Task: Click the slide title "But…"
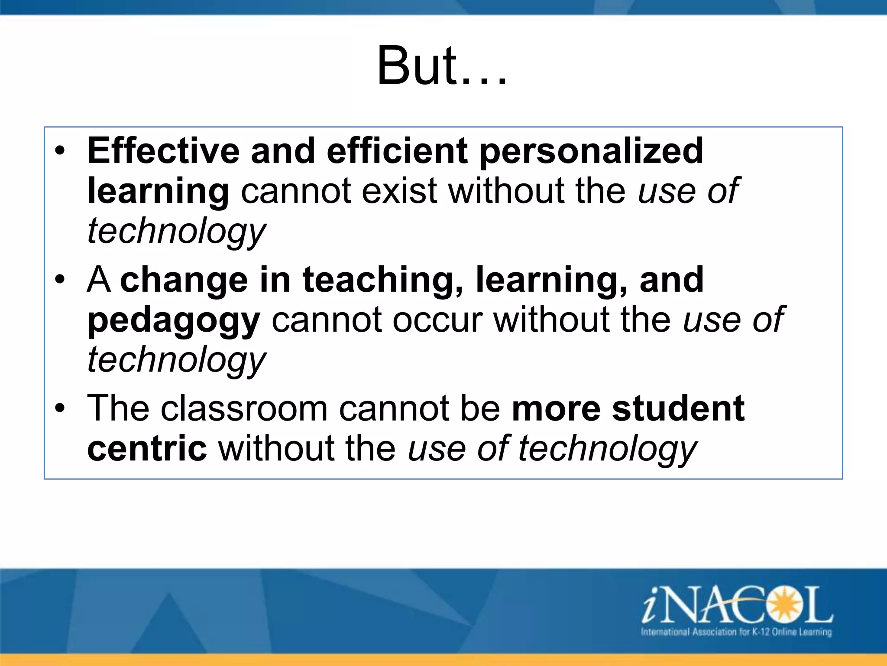(442, 66)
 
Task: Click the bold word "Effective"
(163, 151)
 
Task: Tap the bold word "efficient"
(397, 151)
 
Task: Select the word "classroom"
(244, 408)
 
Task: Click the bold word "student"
(678, 408)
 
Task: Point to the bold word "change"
(184, 281)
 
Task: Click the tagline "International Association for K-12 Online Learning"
(736, 632)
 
